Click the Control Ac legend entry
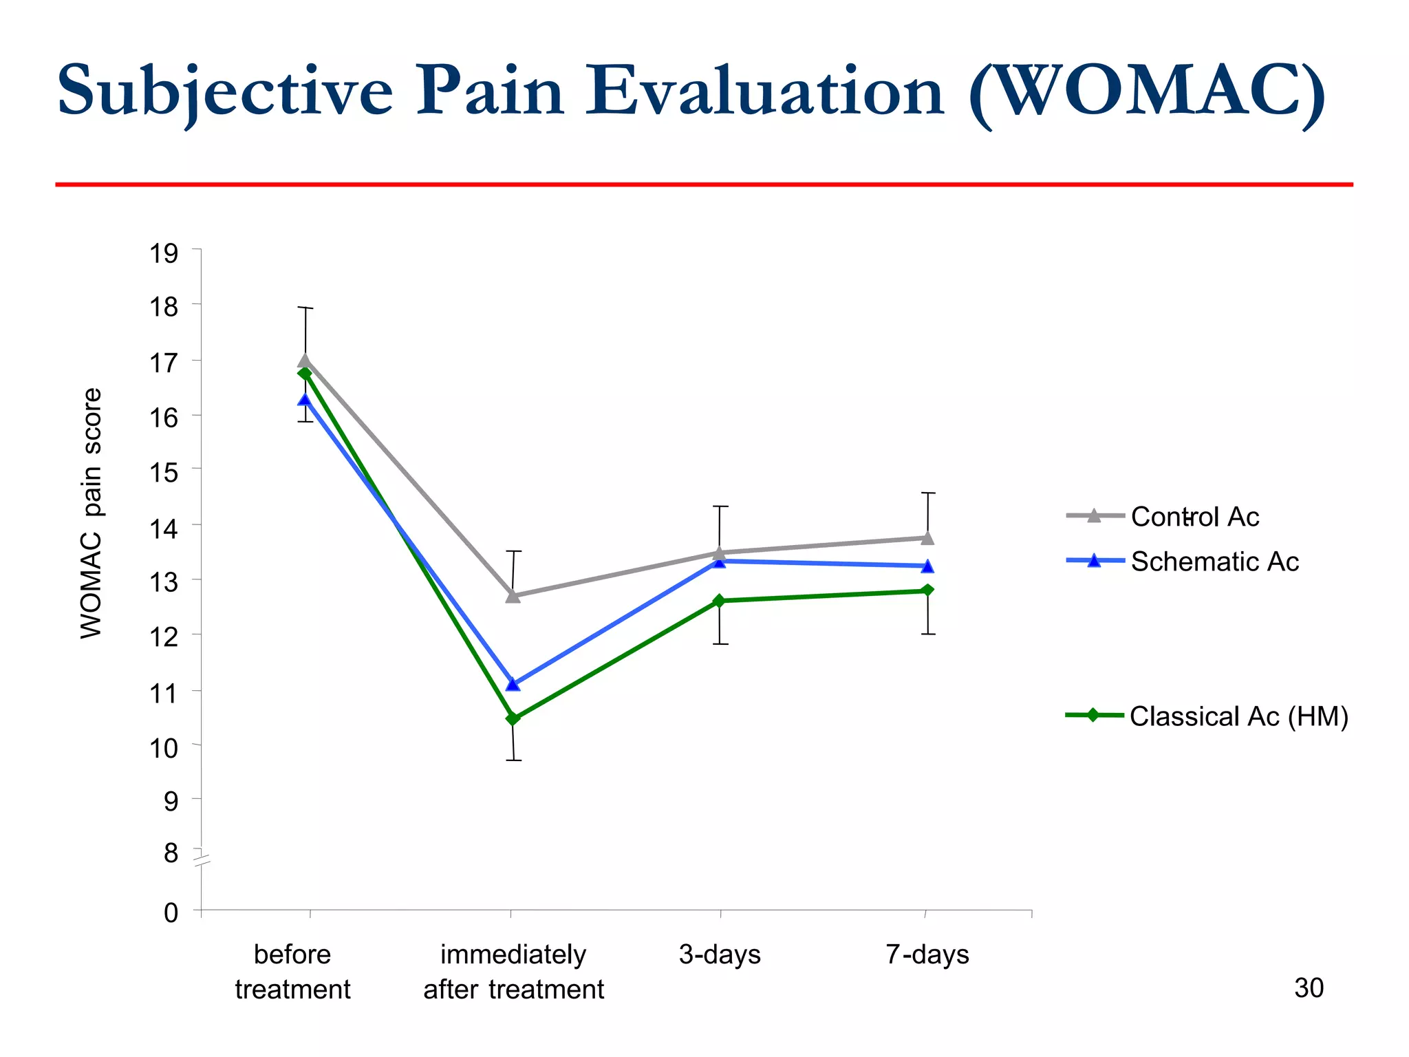pyautogui.click(x=1194, y=516)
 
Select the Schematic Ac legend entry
pyautogui.click(x=1214, y=562)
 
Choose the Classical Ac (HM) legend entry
pyautogui.click(x=1238, y=716)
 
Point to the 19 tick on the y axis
pyautogui.click(x=164, y=253)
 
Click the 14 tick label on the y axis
pyautogui.click(x=164, y=528)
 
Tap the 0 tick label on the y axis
pyautogui.click(x=171, y=913)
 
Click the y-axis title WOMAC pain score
pyautogui.click(x=92, y=513)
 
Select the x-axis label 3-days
pyautogui.click(x=720, y=954)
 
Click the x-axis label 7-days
pyautogui.click(x=927, y=954)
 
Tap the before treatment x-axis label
pyautogui.click(x=292, y=972)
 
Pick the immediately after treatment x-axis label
pyautogui.click(x=513, y=972)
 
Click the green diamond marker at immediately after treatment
pyautogui.click(x=513, y=718)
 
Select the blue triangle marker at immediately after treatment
pyautogui.click(x=513, y=684)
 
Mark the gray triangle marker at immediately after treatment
pyautogui.click(x=513, y=596)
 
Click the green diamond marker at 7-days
pyautogui.click(x=927, y=590)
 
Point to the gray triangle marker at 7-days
pyautogui.click(x=927, y=537)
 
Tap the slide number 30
pyautogui.click(x=1309, y=988)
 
